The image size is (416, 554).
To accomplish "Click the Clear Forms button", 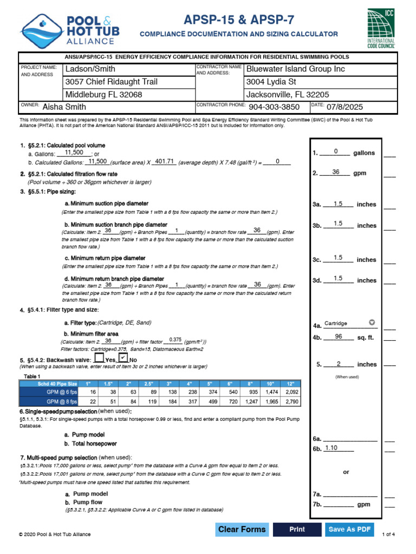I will (242, 529).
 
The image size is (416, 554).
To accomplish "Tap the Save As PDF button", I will (349, 529).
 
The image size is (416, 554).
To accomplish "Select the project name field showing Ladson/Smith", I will (90, 69).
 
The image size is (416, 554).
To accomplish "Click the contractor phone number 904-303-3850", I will (274, 107).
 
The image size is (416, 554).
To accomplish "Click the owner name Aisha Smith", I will (65, 107).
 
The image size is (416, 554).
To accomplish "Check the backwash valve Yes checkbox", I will (99, 358).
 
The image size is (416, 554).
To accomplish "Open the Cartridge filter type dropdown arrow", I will (372, 323).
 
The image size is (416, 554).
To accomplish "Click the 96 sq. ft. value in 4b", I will (339, 337).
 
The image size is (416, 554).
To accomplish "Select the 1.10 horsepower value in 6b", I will (331, 447).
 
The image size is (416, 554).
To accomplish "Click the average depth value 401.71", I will (165, 161).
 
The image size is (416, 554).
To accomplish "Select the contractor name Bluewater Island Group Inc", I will (295, 69).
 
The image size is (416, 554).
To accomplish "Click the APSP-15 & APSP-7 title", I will (239, 20).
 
